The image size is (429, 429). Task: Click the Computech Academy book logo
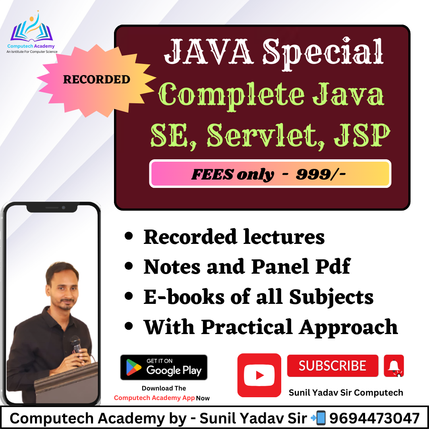tap(31, 27)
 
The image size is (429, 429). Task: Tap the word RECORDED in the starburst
tap(97, 79)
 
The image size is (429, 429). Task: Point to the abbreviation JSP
tap(362, 135)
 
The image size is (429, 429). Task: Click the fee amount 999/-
tap(321, 174)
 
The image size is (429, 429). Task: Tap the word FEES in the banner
tap(212, 174)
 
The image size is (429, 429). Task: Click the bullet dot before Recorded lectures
tap(128, 236)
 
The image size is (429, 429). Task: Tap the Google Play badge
tap(164, 367)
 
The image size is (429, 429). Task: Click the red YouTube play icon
tap(259, 375)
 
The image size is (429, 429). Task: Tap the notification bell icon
tap(394, 366)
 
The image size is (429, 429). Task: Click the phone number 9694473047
tap(374, 418)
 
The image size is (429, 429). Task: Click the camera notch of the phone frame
tap(52, 208)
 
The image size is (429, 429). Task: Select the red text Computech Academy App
tap(154, 398)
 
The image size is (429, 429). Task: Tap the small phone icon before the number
tap(319, 418)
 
